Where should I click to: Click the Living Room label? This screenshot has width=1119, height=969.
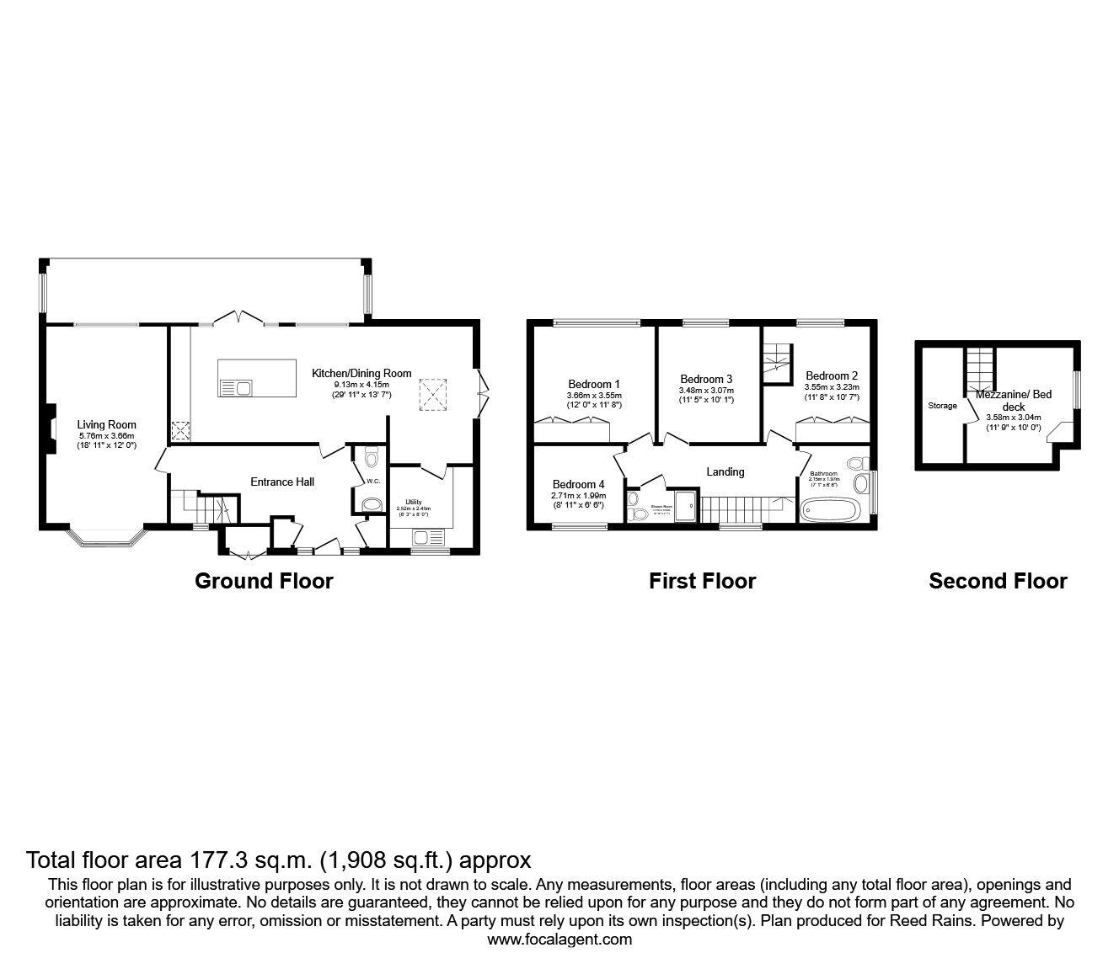pos(106,425)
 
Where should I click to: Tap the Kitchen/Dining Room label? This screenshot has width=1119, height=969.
pos(361,373)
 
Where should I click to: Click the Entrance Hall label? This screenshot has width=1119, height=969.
pos(282,482)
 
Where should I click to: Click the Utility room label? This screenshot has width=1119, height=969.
pos(413,503)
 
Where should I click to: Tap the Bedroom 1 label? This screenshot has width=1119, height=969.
pos(593,385)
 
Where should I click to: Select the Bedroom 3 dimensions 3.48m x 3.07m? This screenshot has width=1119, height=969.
pos(706,391)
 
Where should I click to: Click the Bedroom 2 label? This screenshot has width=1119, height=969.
pos(831,375)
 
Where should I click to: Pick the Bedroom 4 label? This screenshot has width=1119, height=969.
pos(578,484)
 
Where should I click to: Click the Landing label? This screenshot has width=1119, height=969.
pos(725,471)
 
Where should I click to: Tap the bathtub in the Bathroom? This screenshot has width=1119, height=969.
pos(830,509)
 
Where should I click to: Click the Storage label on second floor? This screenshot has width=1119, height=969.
pos(942,406)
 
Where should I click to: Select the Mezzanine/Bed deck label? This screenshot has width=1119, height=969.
pos(1013,400)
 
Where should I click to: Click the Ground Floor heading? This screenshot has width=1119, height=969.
pos(264,581)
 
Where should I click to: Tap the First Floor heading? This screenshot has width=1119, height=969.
pos(702,581)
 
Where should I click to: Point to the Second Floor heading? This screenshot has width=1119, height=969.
pos(998,581)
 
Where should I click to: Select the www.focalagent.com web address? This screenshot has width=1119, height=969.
pos(559,940)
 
